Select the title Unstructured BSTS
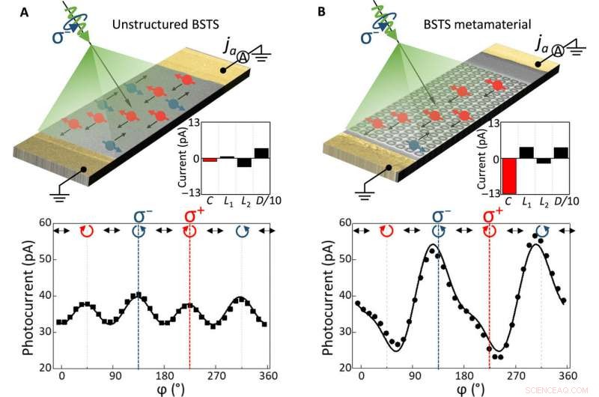158,25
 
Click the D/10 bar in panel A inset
261,154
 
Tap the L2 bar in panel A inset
244,163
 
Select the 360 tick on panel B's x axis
567,375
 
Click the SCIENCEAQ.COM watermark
568,390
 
